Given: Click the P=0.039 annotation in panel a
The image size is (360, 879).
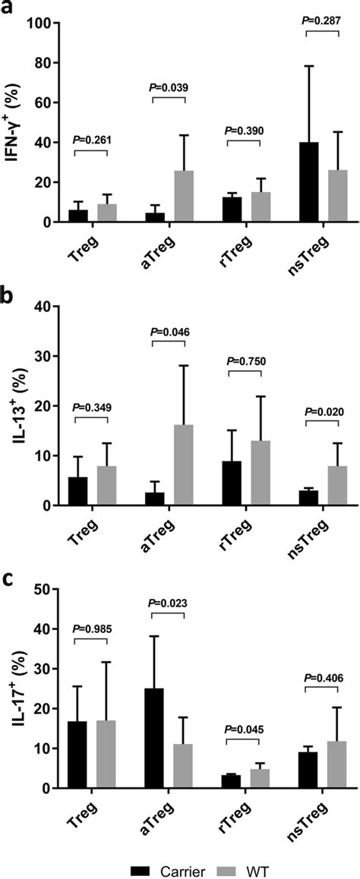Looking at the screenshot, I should tap(167, 87).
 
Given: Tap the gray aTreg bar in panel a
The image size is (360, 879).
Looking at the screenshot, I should tap(184, 197).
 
